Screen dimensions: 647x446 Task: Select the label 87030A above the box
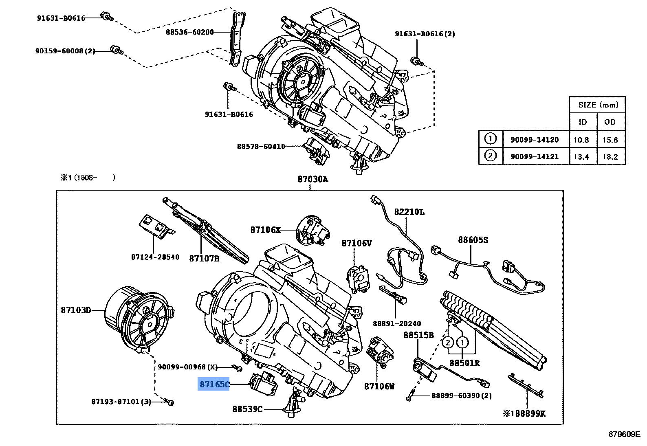[313, 179]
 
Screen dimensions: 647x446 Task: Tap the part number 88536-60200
[190, 32]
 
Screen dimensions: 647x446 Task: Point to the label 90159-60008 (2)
[65, 51]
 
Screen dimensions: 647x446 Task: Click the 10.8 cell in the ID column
[581, 140]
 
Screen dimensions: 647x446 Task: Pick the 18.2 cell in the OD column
[610, 157]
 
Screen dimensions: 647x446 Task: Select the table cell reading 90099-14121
[535, 156]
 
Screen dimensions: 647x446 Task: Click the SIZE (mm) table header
[598, 105]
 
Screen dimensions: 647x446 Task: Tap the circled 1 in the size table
[490, 139]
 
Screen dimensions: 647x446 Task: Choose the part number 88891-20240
[397, 323]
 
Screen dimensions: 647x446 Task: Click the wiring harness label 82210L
[409, 212]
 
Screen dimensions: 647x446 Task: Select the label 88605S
[473, 240]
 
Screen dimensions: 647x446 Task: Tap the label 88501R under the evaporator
[464, 363]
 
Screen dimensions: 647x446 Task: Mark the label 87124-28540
[155, 257]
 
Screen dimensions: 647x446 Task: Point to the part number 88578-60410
[261, 146]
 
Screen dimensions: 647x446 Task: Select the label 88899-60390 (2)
[462, 395]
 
